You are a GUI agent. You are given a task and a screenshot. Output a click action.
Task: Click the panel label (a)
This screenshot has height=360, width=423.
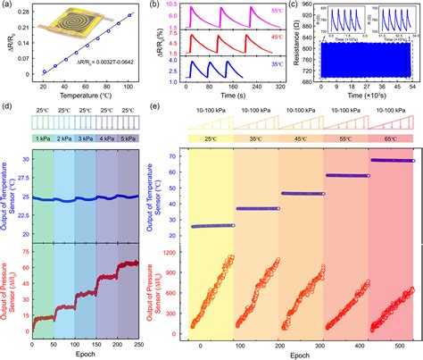click(7, 6)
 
